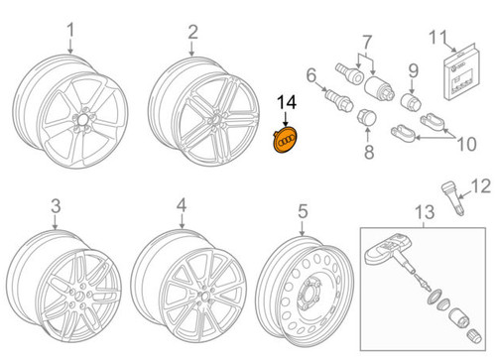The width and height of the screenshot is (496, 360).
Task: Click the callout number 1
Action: pos(69,39)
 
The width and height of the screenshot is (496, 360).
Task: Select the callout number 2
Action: pos(193,39)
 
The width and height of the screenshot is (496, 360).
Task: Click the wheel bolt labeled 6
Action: pos(336,103)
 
